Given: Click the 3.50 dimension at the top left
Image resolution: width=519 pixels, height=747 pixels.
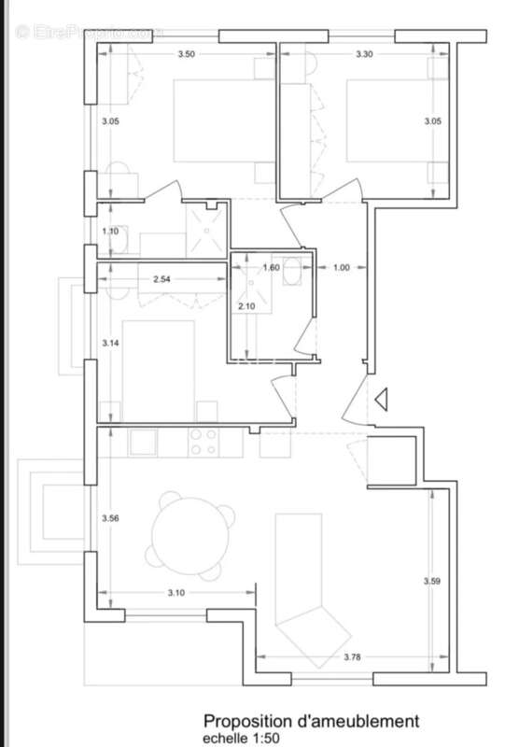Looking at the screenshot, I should tap(187, 54).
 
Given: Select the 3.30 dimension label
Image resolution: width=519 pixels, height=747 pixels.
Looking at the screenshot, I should tap(364, 54).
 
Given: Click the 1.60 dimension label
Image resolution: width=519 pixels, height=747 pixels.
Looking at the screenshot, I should tap(271, 268).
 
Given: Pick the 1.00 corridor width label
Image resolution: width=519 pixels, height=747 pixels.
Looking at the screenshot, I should tap(342, 268).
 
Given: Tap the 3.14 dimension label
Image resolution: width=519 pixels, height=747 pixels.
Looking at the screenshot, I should tap(110, 344).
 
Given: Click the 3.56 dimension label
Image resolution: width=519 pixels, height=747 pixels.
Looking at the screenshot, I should tap(110, 517).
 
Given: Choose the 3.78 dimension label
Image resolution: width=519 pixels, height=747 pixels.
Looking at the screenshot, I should tap(352, 657).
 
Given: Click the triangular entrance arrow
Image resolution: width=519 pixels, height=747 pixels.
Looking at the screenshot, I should tap(381, 400).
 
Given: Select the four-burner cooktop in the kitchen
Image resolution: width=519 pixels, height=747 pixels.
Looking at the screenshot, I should tap(203, 442).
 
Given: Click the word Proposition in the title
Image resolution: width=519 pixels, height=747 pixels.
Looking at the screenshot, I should tap(245, 721).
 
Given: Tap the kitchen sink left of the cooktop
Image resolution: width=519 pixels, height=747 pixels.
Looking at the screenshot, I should tap(144, 442).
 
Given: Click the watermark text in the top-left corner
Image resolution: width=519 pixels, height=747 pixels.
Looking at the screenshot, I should tap(86, 32).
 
